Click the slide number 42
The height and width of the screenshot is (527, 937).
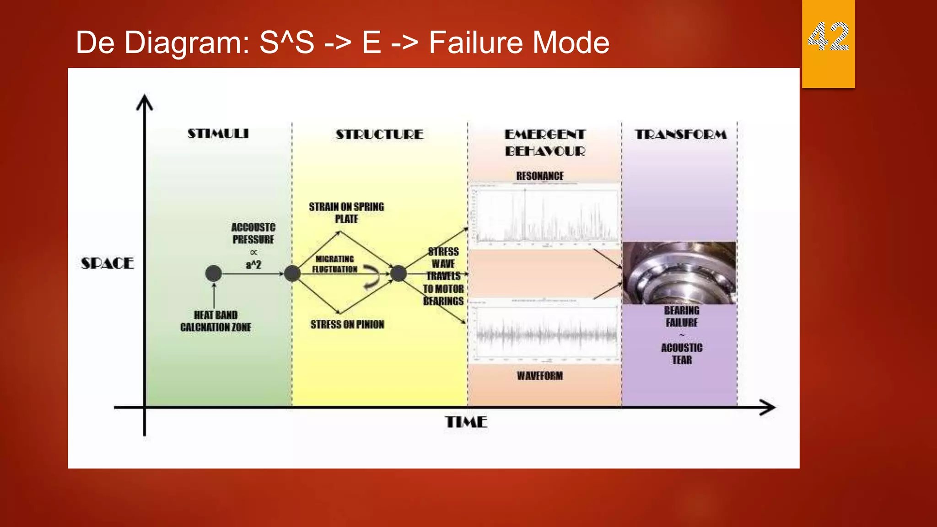pos(828,37)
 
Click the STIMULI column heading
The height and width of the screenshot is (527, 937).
pos(218,134)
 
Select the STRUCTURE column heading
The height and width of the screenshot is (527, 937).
pos(379,134)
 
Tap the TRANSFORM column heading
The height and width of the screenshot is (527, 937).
pos(680,134)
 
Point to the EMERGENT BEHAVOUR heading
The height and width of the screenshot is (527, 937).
pos(544,143)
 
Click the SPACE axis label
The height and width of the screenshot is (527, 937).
pos(107,263)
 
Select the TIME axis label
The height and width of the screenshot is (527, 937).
pos(466,422)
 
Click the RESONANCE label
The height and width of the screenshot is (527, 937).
pos(540,176)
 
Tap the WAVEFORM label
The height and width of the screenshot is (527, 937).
pos(540,376)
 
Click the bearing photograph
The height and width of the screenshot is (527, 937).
pos(679,273)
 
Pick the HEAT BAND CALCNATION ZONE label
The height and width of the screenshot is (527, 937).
pos(215,321)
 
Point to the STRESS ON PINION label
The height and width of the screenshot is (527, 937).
pos(347,325)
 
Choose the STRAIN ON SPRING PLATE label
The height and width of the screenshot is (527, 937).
pos(346,213)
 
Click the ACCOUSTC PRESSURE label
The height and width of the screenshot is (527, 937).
pos(253,233)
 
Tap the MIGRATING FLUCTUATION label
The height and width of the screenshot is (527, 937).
pos(334,264)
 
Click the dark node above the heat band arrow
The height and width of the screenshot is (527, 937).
pos(214,274)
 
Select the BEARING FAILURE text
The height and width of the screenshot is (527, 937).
pos(682,317)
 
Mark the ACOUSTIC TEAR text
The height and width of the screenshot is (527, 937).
pos(682,354)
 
